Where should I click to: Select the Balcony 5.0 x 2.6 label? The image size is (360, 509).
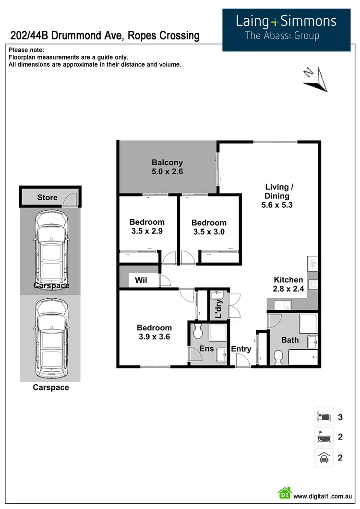(167, 167)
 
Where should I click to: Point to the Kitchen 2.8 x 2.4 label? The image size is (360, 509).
(288, 284)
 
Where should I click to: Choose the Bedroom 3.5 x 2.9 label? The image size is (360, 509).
(147, 226)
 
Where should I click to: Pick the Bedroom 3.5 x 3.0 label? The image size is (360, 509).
(208, 227)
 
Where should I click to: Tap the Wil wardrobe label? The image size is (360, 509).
(141, 280)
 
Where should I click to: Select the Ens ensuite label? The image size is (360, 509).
(207, 349)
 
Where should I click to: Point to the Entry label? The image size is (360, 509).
(241, 349)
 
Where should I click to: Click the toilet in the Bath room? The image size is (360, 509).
(278, 357)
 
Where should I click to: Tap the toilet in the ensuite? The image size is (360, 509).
(197, 331)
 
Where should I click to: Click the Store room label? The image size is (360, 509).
(47, 197)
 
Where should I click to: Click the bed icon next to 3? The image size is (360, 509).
(323, 416)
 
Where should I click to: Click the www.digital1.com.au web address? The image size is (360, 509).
(323, 496)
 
